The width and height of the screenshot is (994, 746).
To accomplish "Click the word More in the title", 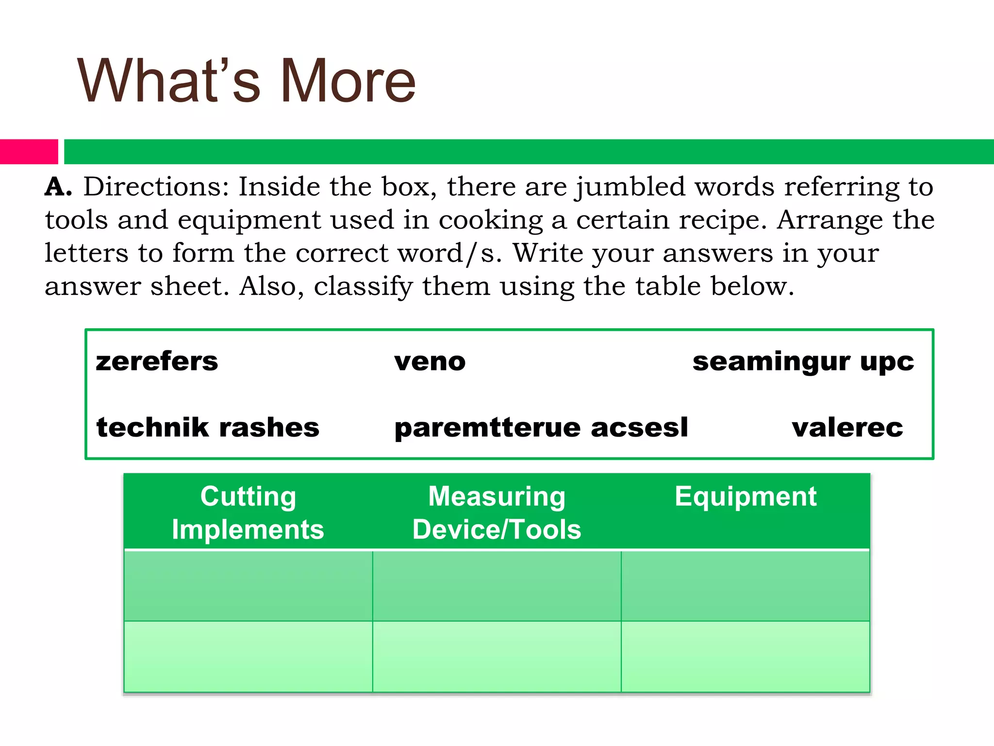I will click(x=348, y=81).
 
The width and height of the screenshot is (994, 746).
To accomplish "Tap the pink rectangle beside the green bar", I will click(x=29, y=152).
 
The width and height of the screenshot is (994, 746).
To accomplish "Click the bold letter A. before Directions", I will click(x=58, y=187).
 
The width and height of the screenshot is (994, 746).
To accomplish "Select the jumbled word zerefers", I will click(x=157, y=362).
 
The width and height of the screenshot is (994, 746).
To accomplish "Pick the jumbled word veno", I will click(x=430, y=362).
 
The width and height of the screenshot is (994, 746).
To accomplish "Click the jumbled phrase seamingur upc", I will click(x=803, y=362).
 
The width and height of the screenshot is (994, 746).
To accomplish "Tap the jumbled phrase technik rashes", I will click(x=208, y=428).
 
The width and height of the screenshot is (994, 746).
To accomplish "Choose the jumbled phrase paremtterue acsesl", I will click(x=541, y=428).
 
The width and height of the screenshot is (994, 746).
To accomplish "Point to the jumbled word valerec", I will click(x=847, y=428).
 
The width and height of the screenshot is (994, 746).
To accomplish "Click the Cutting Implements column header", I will click(x=248, y=512).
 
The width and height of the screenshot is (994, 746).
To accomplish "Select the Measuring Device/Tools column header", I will click(x=497, y=512).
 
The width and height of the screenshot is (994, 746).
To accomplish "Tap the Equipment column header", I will click(x=745, y=497).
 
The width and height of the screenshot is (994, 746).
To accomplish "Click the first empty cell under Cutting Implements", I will click(x=248, y=586).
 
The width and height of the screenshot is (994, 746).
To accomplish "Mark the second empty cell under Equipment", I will click(x=745, y=657).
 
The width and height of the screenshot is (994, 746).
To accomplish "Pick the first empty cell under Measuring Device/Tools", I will click(x=497, y=586).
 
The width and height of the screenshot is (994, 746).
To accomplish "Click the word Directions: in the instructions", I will click(x=156, y=187).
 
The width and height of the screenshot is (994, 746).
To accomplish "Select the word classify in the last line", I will click(x=363, y=287).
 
